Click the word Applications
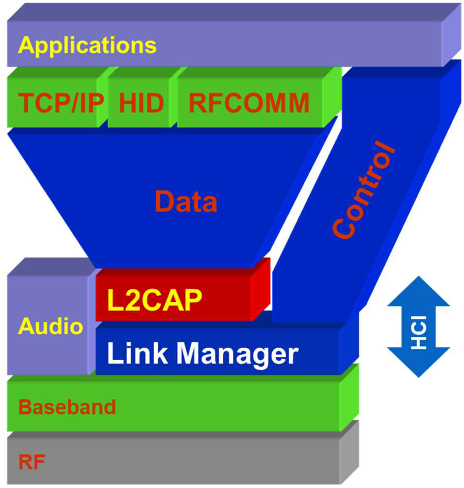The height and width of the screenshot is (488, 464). click(x=87, y=45)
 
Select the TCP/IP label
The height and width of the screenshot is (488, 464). click(x=61, y=103)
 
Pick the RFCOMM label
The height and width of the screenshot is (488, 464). click(x=248, y=103)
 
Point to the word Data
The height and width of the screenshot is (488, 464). click(x=186, y=202)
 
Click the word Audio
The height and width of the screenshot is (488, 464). click(x=51, y=327)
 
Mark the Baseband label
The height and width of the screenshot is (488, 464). click(x=67, y=407)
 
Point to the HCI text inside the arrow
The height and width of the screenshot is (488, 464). click(x=419, y=337)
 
